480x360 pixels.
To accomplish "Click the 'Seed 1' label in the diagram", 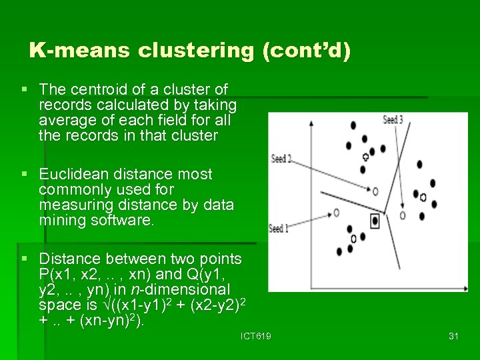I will coord(279,229).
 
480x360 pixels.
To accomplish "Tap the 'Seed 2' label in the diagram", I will coord(281,159).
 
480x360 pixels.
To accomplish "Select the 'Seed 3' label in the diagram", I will coord(393,120).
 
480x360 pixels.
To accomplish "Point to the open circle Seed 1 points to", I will coord(336,212).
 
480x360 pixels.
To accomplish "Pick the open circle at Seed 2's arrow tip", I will coord(375,191).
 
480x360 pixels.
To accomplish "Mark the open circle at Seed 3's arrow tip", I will coord(403,215).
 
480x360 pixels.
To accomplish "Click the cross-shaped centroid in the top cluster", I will coord(365,157).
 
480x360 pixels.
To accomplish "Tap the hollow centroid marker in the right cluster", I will coord(423,197).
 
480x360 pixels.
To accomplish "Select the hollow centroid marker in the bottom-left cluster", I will coord(353,237).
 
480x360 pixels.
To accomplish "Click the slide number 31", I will coord(453,337).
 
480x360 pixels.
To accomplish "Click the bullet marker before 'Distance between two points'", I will coord(25,259).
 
